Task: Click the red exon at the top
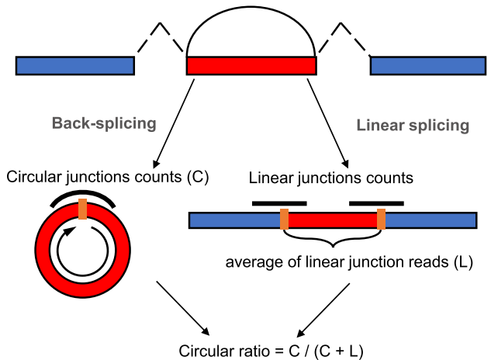coord(251,65)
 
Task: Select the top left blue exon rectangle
coord(74,65)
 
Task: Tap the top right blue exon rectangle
coord(429,65)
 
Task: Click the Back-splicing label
coord(104,123)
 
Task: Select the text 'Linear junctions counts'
coord(330,178)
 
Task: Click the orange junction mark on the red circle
coord(81,209)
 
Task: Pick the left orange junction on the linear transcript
coord(285,220)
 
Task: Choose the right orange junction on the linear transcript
coord(381,220)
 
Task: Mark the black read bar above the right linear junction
coord(376,202)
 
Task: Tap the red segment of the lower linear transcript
coord(333,220)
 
